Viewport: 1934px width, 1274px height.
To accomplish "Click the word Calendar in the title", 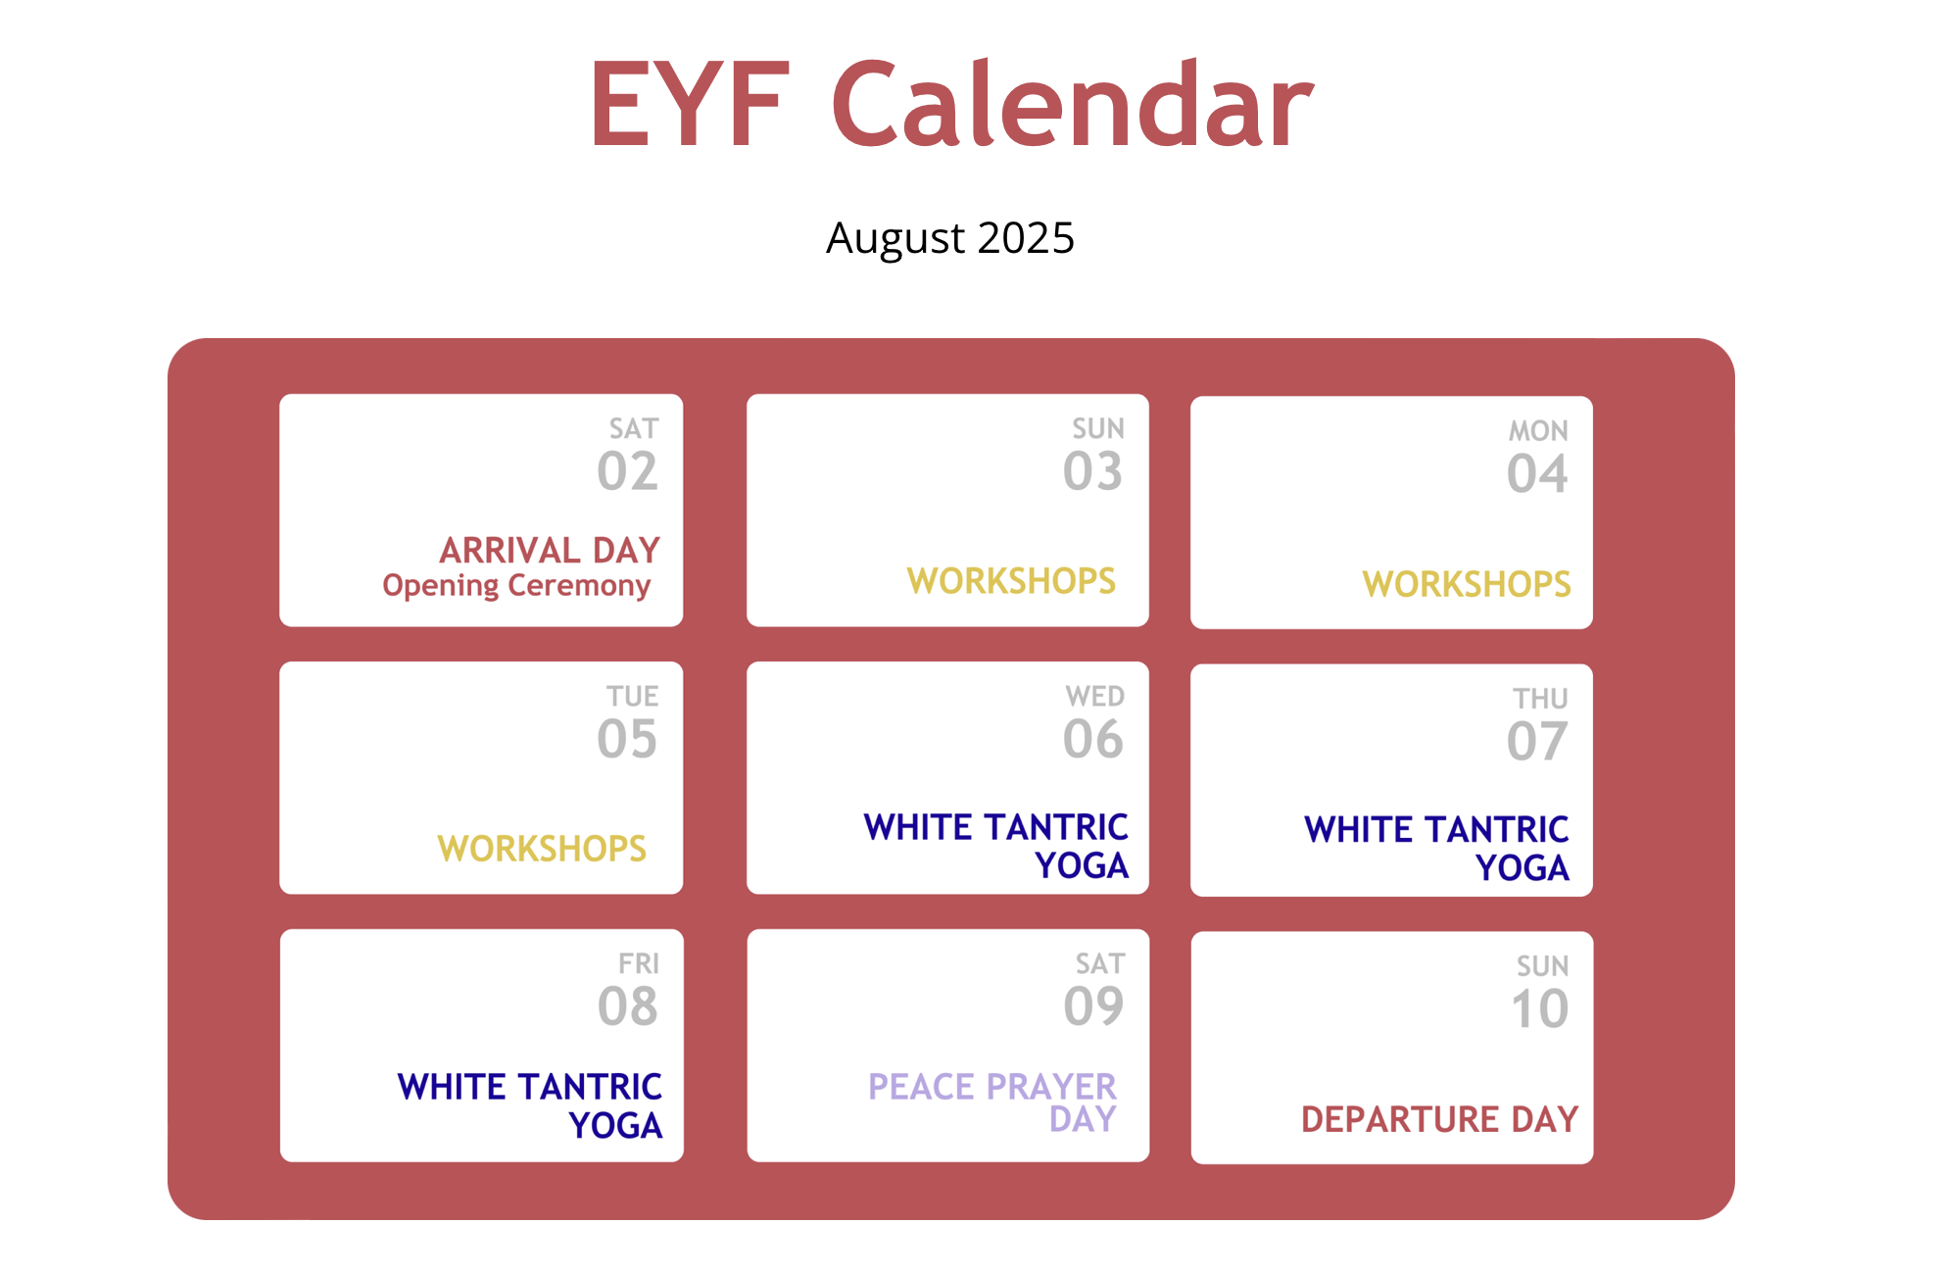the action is click(1073, 104).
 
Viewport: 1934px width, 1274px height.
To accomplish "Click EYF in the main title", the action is click(690, 105).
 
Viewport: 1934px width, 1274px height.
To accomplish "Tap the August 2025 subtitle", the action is click(950, 238).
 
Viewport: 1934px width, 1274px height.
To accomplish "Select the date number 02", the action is click(628, 471).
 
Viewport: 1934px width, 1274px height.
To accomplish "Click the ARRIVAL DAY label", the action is click(550, 550).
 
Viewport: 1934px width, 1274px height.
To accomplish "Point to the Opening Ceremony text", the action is click(516, 586).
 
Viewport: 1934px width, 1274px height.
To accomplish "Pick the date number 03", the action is click(1093, 471).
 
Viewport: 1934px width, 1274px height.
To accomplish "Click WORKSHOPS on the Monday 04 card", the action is click(1467, 584).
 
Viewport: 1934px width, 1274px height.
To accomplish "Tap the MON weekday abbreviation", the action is click(1538, 431).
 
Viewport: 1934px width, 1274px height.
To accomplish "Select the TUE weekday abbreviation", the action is click(633, 697).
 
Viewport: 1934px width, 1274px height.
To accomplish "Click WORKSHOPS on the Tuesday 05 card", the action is click(542, 849).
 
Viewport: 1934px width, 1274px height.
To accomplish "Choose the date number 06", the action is click(1093, 739).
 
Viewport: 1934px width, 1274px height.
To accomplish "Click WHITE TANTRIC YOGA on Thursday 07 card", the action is click(1437, 849).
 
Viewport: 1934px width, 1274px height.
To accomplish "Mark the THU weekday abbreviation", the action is click(1541, 699).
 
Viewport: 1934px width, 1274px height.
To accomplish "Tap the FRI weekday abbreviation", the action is click(639, 964).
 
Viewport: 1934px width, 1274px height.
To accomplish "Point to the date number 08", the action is click(628, 1006).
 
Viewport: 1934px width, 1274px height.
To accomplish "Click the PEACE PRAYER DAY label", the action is click(992, 1102).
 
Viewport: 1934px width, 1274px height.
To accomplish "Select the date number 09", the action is click(1094, 1006).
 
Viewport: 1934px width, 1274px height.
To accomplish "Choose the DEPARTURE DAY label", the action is click(1440, 1119).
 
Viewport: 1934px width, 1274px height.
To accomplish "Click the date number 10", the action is click(1540, 1009).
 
